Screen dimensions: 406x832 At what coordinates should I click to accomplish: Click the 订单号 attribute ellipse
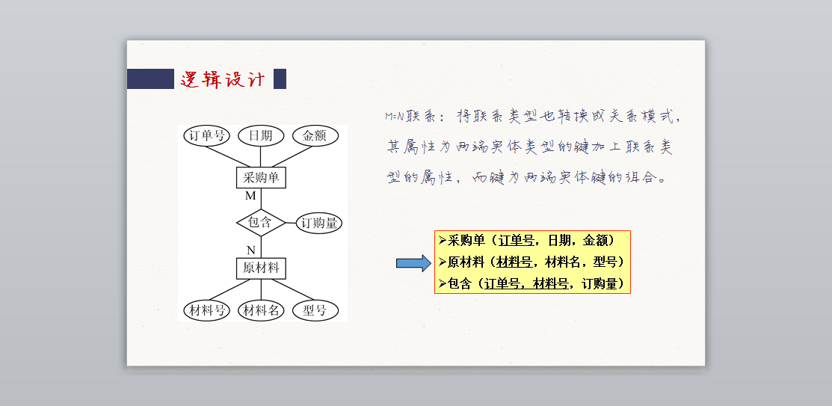pyautogui.click(x=207, y=136)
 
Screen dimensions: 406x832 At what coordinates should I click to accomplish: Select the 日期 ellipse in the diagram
pyautogui.click(x=261, y=136)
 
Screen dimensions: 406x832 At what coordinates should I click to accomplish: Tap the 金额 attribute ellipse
pyautogui.click(x=315, y=136)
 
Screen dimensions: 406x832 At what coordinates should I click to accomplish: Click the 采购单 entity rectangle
pyautogui.click(x=261, y=178)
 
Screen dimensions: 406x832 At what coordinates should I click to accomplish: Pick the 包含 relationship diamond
pyautogui.click(x=260, y=223)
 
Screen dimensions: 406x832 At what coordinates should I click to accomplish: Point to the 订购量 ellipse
pyautogui.click(x=319, y=223)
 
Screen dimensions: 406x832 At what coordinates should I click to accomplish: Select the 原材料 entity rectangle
pyautogui.click(x=261, y=268)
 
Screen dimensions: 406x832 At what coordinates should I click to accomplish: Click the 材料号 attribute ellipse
pyautogui.click(x=207, y=310)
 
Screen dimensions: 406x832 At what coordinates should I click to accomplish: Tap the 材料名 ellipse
pyautogui.click(x=261, y=310)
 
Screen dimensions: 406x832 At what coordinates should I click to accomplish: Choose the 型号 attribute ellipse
pyautogui.click(x=315, y=310)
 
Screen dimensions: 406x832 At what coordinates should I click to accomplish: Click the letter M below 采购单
pyautogui.click(x=251, y=196)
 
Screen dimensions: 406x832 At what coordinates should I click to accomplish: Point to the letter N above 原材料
pyautogui.click(x=251, y=250)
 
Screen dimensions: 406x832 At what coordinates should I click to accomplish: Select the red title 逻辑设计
pyautogui.click(x=222, y=79)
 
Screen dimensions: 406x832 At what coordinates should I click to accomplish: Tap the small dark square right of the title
pyautogui.click(x=280, y=79)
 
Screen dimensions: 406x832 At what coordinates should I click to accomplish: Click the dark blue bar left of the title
pyautogui.click(x=150, y=79)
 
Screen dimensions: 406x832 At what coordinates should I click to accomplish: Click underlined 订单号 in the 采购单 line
pyautogui.click(x=517, y=241)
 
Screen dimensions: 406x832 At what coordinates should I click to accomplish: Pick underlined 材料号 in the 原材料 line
pyautogui.click(x=514, y=262)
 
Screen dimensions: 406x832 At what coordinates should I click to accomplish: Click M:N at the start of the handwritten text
pyautogui.click(x=395, y=117)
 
